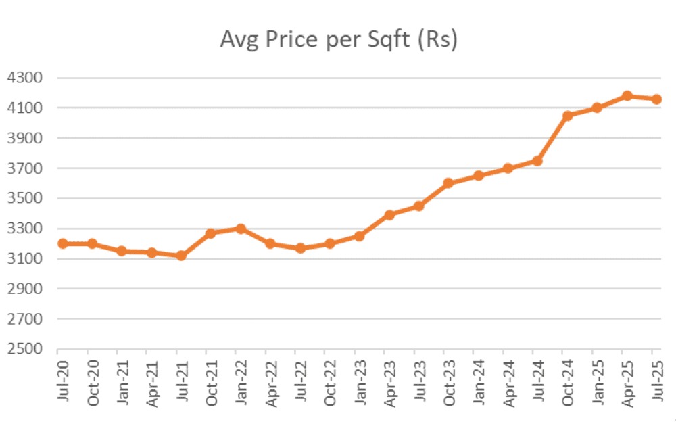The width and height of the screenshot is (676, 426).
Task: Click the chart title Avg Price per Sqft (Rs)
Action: [339, 40]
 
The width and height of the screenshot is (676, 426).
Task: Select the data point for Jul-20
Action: [62, 243]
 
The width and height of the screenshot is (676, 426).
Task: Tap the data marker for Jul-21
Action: [180, 256]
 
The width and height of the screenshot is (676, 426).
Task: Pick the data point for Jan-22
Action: [240, 229]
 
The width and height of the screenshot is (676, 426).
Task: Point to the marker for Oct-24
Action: [566, 116]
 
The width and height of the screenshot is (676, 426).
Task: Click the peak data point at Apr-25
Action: [627, 96]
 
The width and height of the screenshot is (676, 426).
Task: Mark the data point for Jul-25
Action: [656, 99]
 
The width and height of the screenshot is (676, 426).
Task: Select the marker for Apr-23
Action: [389, 215]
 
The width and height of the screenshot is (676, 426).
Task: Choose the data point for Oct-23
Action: [448, 183]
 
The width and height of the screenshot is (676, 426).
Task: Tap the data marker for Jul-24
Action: [537, 161]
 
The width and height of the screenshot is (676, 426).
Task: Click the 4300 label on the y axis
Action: [24, 78]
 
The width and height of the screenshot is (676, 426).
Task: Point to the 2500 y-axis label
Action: [24, 350]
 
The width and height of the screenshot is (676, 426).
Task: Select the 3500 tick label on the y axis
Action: [24, 199]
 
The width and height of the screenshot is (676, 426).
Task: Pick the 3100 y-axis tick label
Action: [24, 259]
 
